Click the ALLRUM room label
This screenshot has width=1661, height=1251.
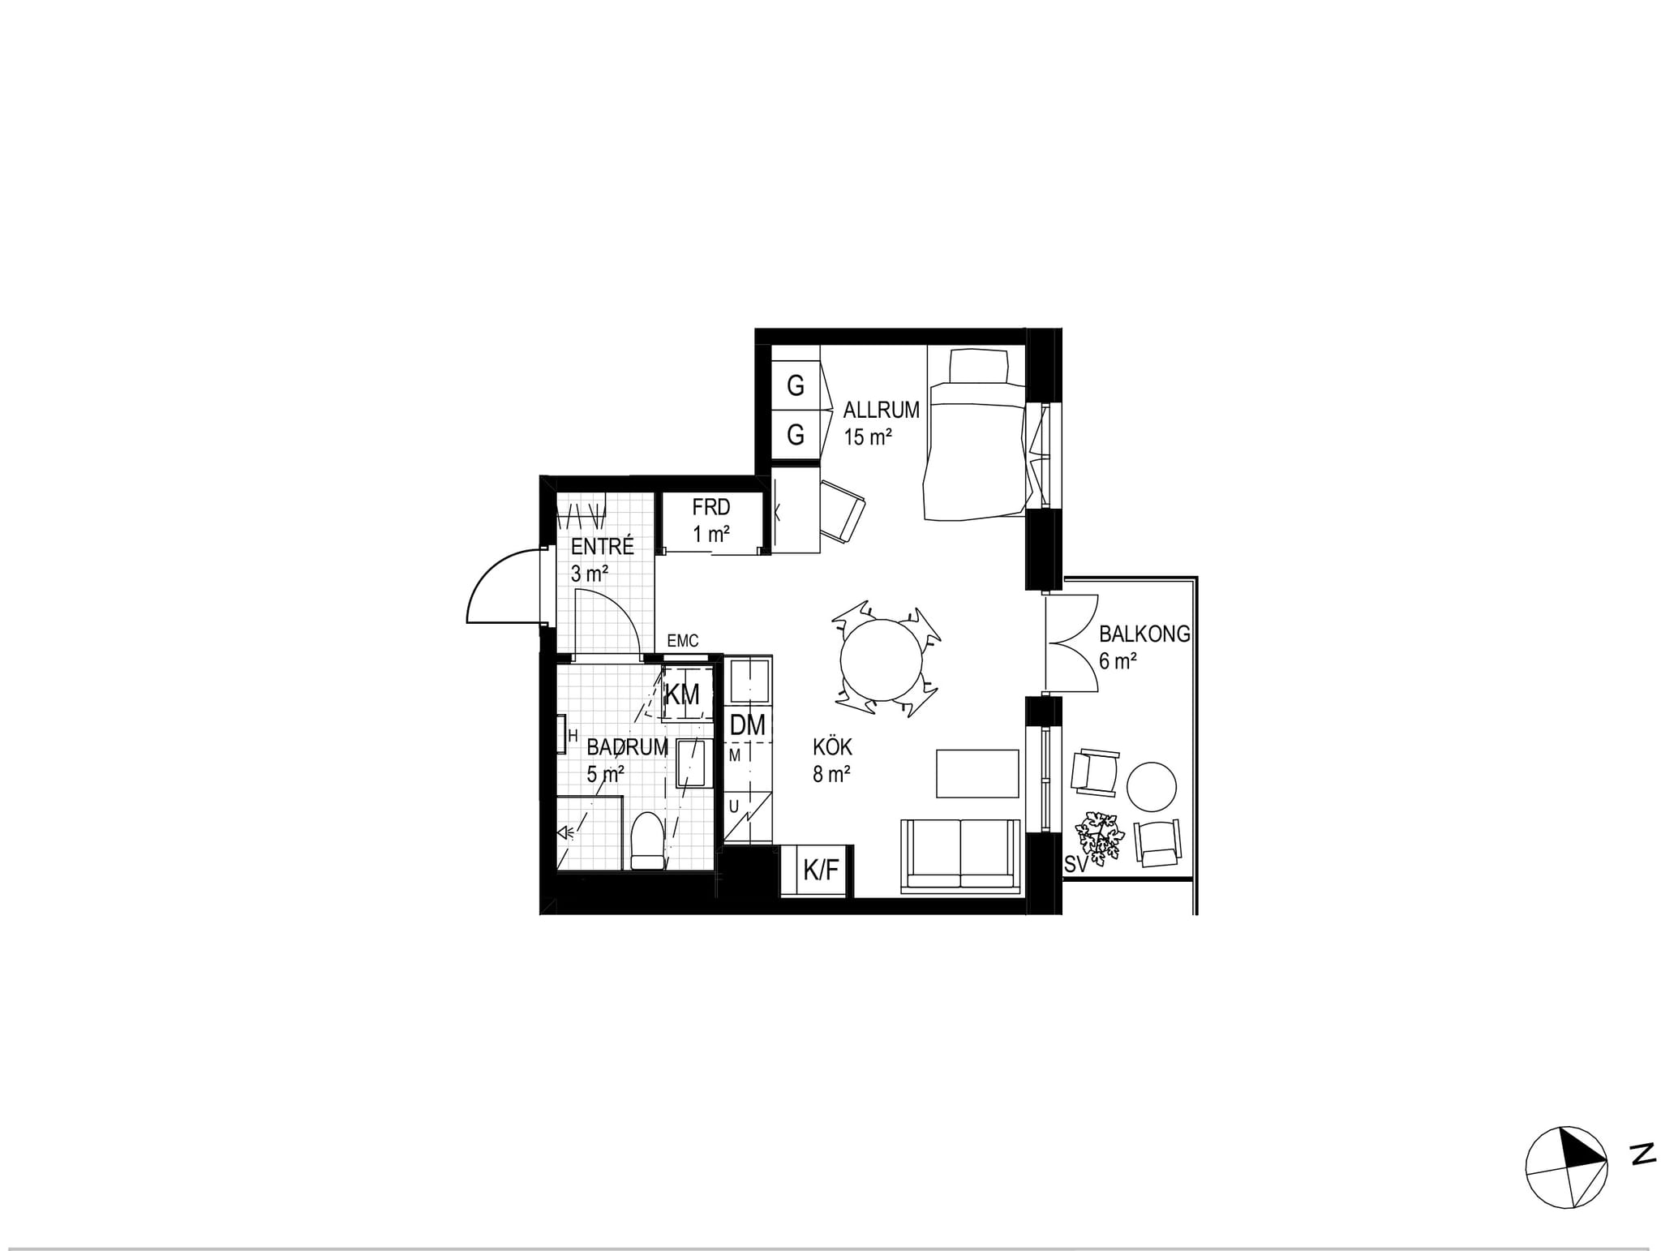[881, 410]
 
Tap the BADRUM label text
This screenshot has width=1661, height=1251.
[627, 747]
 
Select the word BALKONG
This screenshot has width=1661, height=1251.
[1144, 634]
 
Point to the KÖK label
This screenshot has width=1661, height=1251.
[833, 746]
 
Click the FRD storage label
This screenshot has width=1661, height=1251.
[711, 508]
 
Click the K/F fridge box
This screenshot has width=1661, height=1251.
[820, 871]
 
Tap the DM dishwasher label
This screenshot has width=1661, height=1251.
[747, 725]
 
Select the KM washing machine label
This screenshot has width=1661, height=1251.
[681, 694]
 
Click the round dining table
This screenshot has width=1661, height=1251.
[882, 660]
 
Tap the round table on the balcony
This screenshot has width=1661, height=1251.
[1152, 786]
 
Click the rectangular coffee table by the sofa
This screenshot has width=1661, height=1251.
[977, 773]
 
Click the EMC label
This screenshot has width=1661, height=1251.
[682, 642]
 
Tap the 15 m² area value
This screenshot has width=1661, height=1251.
[868, 437]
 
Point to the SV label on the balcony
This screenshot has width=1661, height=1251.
[1076, 866]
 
